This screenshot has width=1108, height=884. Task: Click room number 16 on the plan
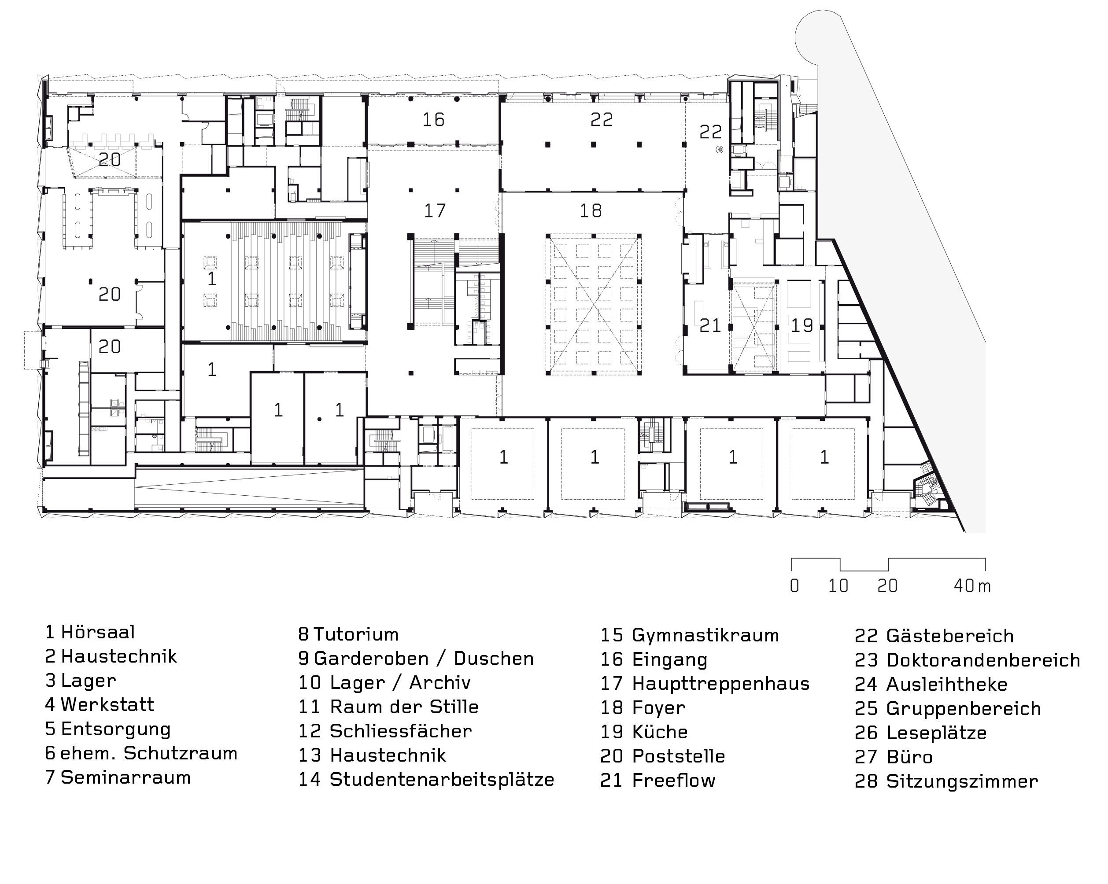point(433,120)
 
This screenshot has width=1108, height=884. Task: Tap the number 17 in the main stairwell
point(435,210)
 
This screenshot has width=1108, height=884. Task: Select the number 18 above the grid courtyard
point(591,210)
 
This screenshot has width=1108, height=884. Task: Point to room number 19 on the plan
point(801,325)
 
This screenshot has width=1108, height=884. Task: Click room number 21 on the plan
point(710,325)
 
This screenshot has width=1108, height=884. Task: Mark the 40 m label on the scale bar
point(971,586)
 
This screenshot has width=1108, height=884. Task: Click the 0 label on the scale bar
point(794,586)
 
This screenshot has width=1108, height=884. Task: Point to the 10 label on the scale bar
point(838,586)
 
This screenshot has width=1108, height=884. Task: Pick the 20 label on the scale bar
point(887,586)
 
